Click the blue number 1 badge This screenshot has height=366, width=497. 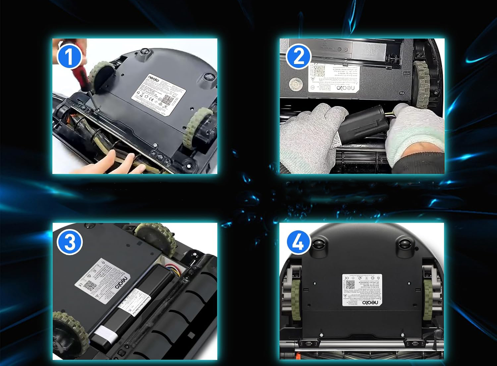pyautogui.click(x=70, y=56)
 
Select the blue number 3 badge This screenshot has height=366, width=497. pyautogui.click(x=70, y=242)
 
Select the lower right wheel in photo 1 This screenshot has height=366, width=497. pyautogui.click(x=198, y=128)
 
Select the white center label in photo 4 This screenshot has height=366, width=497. pyautogui.click(x=362, y=290)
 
